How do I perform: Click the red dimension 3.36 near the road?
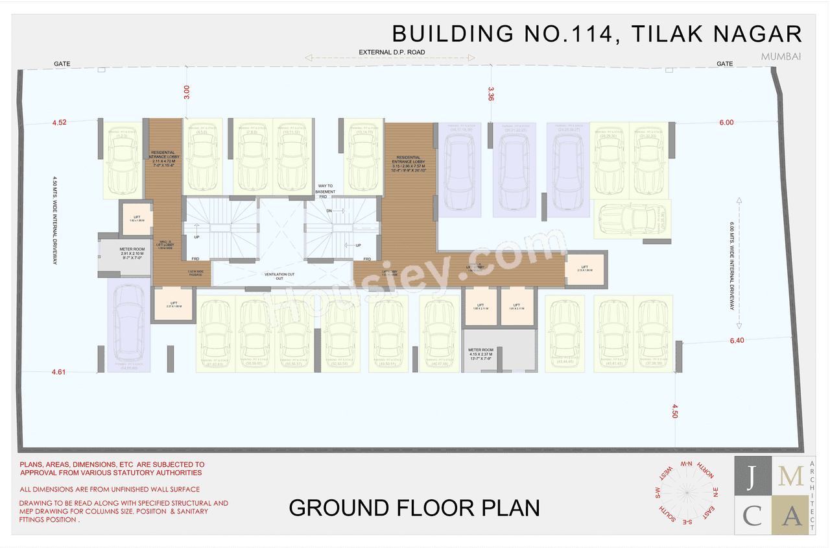[491, 93]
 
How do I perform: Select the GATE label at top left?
[62, 64]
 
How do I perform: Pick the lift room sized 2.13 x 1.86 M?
[584, 270]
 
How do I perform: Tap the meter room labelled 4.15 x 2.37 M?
[481, 353]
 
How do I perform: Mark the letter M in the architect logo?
[790, 477]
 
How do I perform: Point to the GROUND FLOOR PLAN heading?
[414, 507]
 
